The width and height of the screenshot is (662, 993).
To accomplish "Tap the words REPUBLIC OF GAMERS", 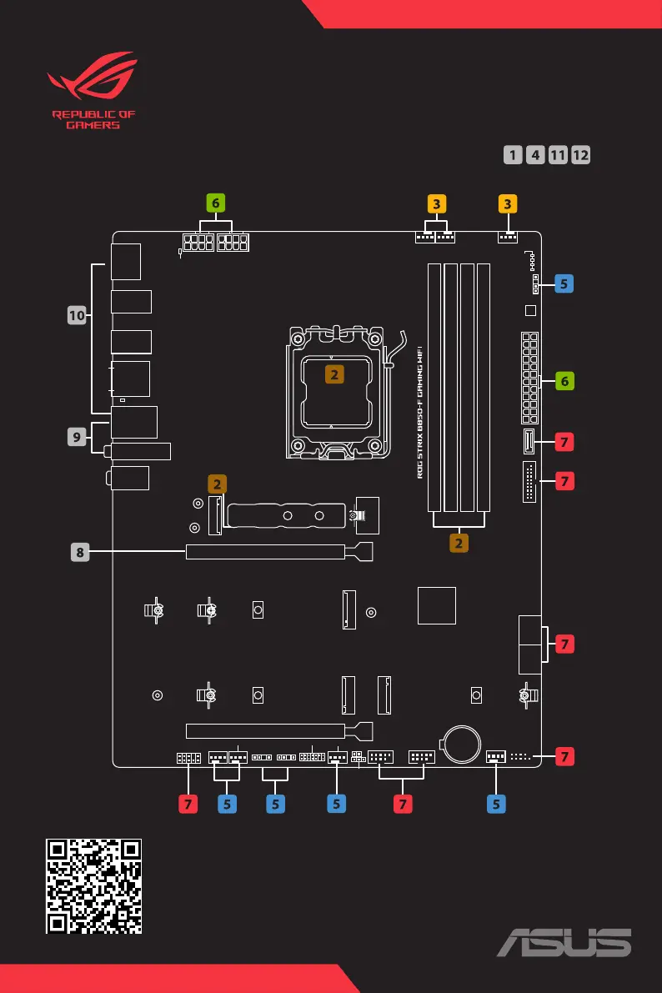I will pos(93,120).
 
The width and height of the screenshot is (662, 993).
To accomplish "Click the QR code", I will pos(93,885).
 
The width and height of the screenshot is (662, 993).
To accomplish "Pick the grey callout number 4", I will pos(536,155).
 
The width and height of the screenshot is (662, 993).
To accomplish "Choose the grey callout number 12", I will pos(581,155).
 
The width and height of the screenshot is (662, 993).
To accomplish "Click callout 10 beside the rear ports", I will pos(78,315).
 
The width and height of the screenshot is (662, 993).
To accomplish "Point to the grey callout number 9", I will pos(78,435).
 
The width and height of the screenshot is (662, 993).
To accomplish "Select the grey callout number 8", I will pos(78,550).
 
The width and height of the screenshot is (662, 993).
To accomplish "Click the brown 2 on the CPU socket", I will pos(334,374).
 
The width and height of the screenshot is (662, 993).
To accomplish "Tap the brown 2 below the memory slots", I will pos(459,543).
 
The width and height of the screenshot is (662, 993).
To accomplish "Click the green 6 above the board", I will pos(216,203).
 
